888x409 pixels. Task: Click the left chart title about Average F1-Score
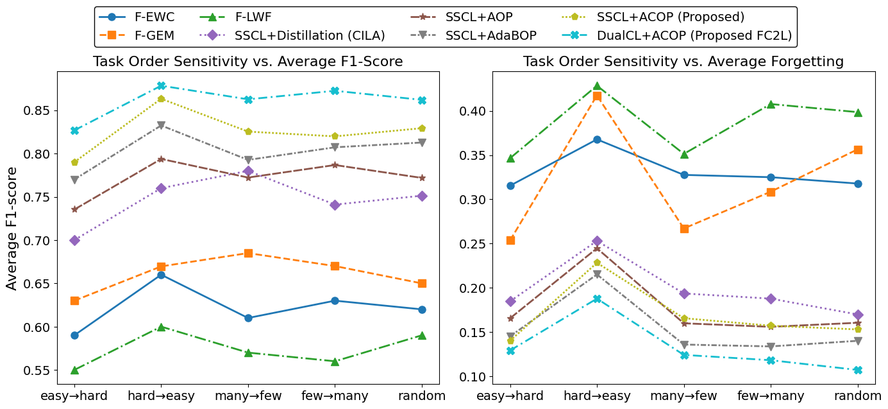247,62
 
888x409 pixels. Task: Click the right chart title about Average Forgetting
683,62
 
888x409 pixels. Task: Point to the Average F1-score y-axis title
12,228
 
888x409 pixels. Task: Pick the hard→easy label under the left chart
161,396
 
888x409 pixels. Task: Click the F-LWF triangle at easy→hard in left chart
74,370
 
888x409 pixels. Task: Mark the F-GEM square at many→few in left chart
248,253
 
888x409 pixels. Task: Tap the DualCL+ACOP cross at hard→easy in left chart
161,85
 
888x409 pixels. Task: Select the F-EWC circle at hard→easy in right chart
597,139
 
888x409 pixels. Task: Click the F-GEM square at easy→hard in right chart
510,240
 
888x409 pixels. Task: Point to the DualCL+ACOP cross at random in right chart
858,370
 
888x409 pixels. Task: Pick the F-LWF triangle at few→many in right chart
771,104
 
